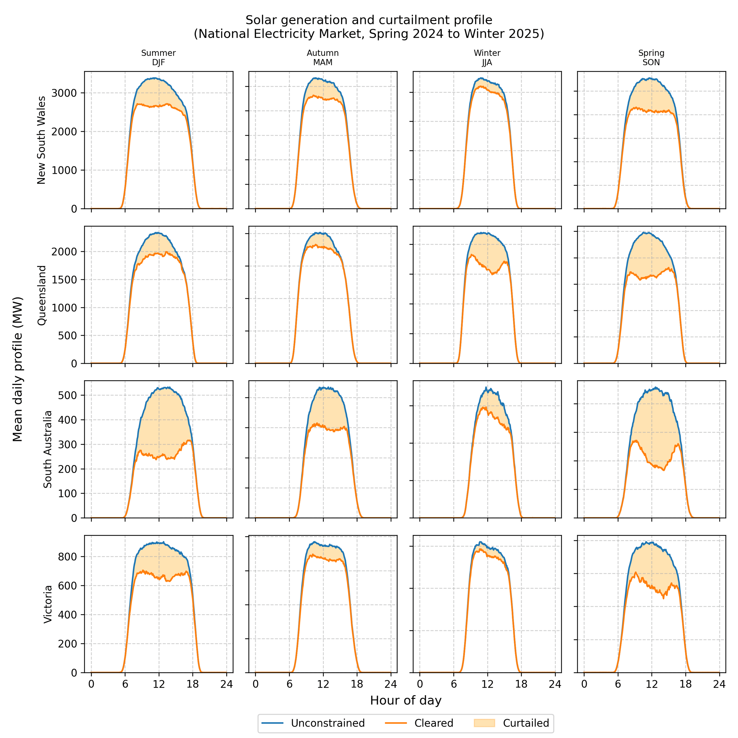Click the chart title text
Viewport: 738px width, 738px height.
coord(369,27)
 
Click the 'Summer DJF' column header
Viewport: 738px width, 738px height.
coord(159,58)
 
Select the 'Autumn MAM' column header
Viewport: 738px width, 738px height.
coord(323,58)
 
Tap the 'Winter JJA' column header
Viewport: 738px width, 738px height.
coord(487,58)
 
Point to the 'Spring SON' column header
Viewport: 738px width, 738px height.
coord(651,58)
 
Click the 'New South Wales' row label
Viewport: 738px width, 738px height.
coord(41,140)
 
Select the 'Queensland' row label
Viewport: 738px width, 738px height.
coord(41,295)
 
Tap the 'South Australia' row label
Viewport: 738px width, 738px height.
coord(47,449)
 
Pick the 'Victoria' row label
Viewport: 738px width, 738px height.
coord(47,604)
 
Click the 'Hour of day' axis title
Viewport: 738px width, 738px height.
coord(406,700)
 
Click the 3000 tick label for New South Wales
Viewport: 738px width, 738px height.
coord(64,93)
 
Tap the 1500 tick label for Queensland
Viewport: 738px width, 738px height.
coord(64,280)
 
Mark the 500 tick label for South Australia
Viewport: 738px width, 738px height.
coord(68,395)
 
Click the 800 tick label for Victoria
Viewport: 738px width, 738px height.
coord(68,557)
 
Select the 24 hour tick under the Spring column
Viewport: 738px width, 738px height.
coord(719,684)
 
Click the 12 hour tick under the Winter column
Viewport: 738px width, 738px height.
coord(487,684)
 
